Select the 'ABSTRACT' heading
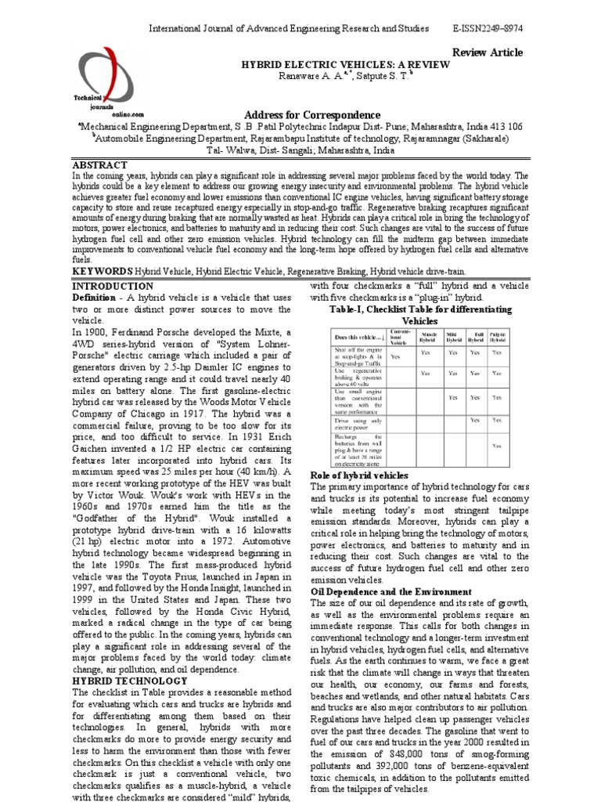(99, 166)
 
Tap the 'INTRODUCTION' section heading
(113, 287)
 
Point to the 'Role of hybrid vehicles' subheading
(359, 475)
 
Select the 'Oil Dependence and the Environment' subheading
(390, 592)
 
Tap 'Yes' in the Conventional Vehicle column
(395, 356)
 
